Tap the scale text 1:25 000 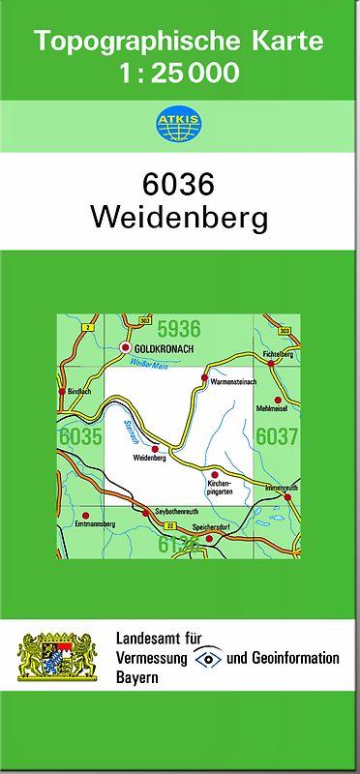178,73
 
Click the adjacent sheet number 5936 178,328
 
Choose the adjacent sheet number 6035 80,436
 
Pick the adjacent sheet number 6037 277,436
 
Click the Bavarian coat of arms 58,657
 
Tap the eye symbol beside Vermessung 207,658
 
